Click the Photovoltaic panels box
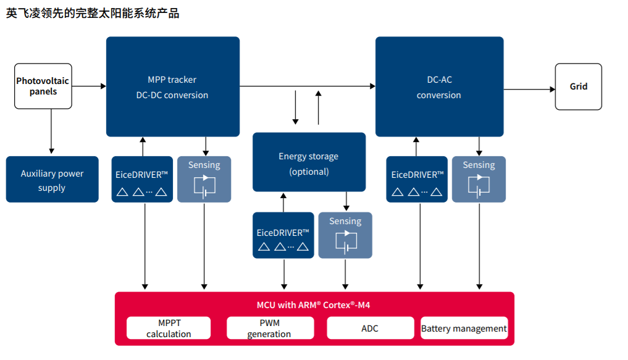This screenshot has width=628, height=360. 43,86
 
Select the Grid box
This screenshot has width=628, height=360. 579,86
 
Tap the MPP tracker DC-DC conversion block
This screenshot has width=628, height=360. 173,86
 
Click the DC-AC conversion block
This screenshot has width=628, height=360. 440,86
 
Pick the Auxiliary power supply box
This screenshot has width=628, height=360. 52,180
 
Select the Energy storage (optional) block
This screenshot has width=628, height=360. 309,162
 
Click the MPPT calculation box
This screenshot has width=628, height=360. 169,328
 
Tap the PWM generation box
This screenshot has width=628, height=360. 270,328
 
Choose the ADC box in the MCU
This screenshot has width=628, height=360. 371,328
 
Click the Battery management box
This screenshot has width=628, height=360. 464,328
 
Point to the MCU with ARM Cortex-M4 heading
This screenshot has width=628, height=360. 314,305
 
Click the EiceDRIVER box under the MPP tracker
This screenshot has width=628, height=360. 142,180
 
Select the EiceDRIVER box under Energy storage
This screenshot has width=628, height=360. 283,235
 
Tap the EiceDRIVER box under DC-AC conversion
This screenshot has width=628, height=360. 417,180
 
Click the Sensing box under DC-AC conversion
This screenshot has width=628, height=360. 479,180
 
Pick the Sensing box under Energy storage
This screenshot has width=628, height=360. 345,235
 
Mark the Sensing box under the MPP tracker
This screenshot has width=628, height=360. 204,180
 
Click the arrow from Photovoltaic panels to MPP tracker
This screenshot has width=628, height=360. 89,86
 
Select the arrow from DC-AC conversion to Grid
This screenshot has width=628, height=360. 529,90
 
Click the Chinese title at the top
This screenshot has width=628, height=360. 93,13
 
